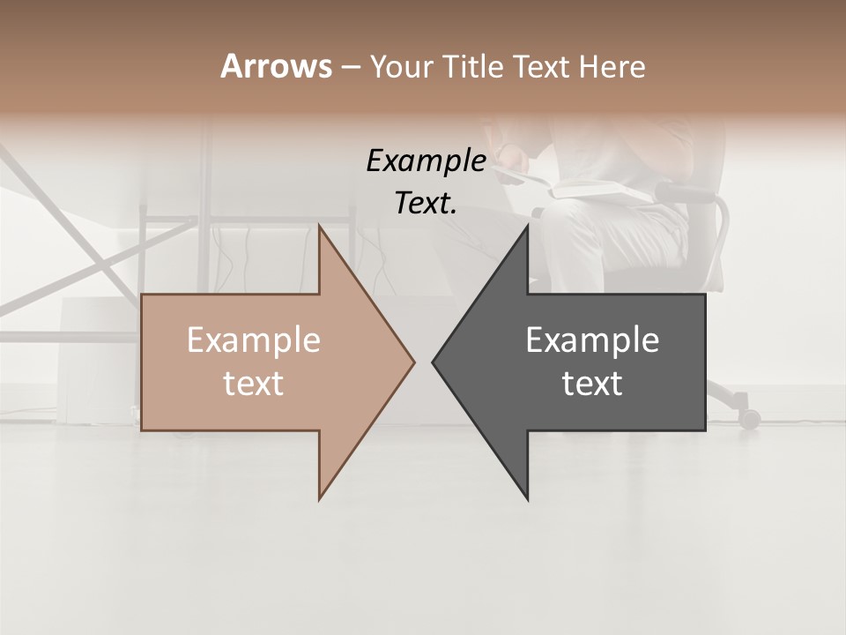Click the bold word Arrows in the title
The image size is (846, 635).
coord(276,66)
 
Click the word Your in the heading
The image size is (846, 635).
coord(402,66)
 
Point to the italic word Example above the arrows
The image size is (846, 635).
coord(426,161)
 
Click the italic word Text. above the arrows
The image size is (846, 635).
coord(426,203)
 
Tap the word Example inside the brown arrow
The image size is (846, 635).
coord(253,340)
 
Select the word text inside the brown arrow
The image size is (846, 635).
coord(253,384)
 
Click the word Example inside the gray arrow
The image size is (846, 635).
coord(592,340)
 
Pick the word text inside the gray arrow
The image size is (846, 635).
coord(592,384)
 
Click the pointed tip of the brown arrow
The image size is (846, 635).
coord(413,362)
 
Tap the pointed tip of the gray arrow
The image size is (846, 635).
coord(434,362)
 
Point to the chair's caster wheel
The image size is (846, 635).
coord(749,419)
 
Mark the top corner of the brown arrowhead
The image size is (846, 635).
coord(320,226)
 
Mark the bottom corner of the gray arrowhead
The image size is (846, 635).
coord(528,499)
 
